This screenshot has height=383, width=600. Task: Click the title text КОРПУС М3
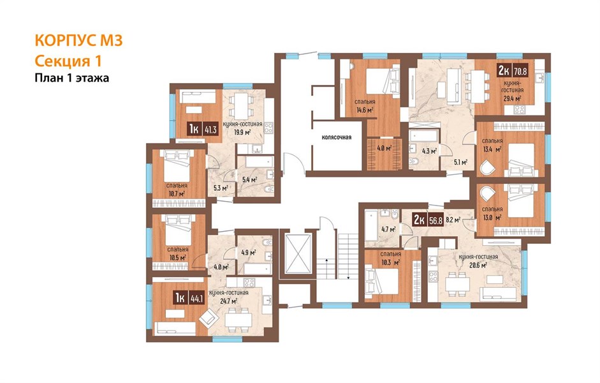click(78, 41)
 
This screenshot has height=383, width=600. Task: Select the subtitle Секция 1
click(68, 61)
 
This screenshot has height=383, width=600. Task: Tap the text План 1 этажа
click(72, 78)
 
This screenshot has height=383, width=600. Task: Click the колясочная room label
click(337, 137)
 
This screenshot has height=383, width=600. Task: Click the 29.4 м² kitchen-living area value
click(512, 98)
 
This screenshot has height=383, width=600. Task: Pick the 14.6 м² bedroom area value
click(365, 110)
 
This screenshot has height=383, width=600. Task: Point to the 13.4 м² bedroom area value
click(492, 149)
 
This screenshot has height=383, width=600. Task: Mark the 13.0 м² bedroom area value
click(492, 218)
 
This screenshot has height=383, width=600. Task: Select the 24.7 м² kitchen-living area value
click(229, 301)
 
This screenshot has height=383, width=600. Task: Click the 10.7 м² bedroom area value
click(177, 194)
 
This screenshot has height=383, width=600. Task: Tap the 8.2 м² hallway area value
click(453, 220)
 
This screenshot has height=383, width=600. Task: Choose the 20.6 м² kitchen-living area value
click(478, 265)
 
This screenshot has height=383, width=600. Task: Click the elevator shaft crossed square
click(298, 253)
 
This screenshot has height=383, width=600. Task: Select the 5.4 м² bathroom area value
click(249, 179)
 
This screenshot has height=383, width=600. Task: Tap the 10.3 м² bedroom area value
click(391, 262)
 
